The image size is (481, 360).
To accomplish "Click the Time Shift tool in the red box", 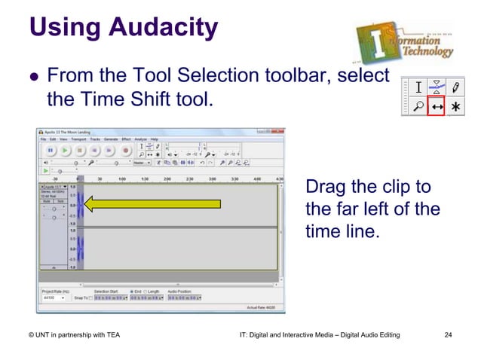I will click(437, 108).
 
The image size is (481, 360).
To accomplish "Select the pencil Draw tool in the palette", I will click(456, 87).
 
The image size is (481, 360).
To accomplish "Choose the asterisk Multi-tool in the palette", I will click(456, 108).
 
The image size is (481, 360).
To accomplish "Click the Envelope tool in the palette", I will click(437, 87).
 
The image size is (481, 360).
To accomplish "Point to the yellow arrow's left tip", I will click(84, 203).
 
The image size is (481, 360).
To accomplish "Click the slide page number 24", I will click(449, 334).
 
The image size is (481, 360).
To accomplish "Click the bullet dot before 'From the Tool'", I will click(32, 78).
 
